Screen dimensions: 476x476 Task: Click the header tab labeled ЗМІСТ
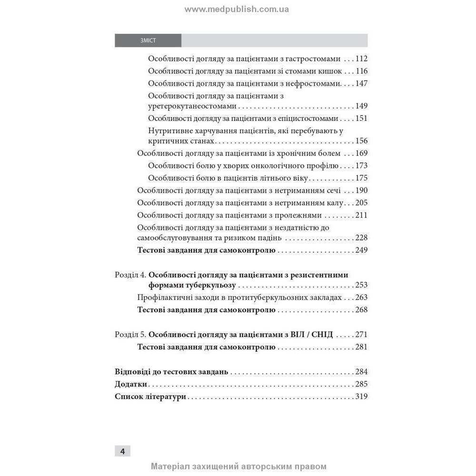click(148, 40)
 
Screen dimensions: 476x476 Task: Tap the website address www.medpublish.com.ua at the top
click(237, 9)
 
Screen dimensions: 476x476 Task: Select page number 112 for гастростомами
click(361, 59)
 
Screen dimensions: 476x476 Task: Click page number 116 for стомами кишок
click(361, 71)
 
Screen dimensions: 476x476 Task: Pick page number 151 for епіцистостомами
click(361, 119)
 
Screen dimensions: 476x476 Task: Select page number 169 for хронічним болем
click(361, 153)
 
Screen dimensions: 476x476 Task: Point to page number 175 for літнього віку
click(361, 178)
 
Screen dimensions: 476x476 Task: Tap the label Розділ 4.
click(130, 275)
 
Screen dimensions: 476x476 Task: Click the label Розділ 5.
click(130, 335)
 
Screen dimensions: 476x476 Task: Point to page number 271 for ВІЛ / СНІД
click(361, 335)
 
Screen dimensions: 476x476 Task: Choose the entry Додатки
click(131, 384)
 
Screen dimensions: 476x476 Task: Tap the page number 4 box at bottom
click(122, 451)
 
